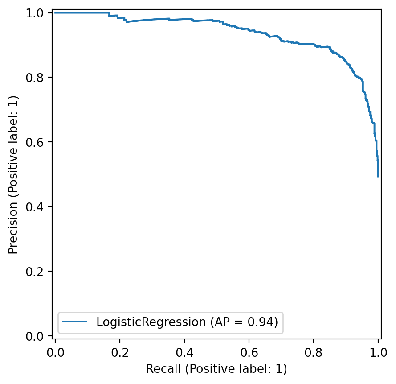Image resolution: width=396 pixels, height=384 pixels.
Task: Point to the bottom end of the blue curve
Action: [378, 177]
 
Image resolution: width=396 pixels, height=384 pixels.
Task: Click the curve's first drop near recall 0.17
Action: [109, 14]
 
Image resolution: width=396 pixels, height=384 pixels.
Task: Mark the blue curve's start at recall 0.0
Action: [55, 12]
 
